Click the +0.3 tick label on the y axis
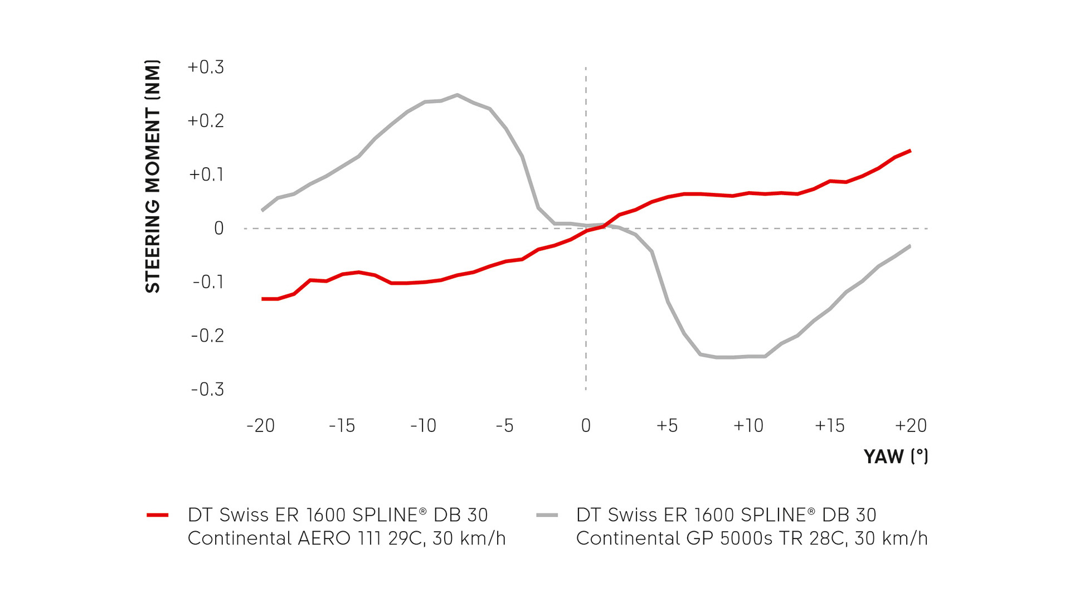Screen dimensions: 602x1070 (x=206, y=67)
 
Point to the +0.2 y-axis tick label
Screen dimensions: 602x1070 (x=206, y=121)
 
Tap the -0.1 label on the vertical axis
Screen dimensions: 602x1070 (x=208, y=282)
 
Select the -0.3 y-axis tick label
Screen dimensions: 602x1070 (x=207, y=389)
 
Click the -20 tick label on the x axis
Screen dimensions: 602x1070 (x=261, y=426)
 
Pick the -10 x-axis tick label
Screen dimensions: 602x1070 (x=423, y=426)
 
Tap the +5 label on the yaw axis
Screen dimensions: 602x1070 (x=667, y=426)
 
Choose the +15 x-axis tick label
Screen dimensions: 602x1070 (x=829, y=426)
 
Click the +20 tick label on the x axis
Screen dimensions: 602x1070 (x=911, y=426)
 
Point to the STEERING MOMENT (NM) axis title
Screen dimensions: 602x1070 (x=153, y=176)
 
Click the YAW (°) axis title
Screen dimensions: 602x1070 (x=896, y=457)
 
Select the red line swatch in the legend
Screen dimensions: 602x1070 (x=158, y=515)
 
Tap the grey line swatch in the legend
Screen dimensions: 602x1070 (x=547, y=515)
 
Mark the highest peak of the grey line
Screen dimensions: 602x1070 (x=457, y=95)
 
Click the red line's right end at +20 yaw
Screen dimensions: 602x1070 (x=910, y=151)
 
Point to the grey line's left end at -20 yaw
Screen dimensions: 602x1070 (x=262, y=210)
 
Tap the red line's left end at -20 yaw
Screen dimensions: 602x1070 (x=262, y=299)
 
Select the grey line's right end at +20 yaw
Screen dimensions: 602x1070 (x=910, y=246)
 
